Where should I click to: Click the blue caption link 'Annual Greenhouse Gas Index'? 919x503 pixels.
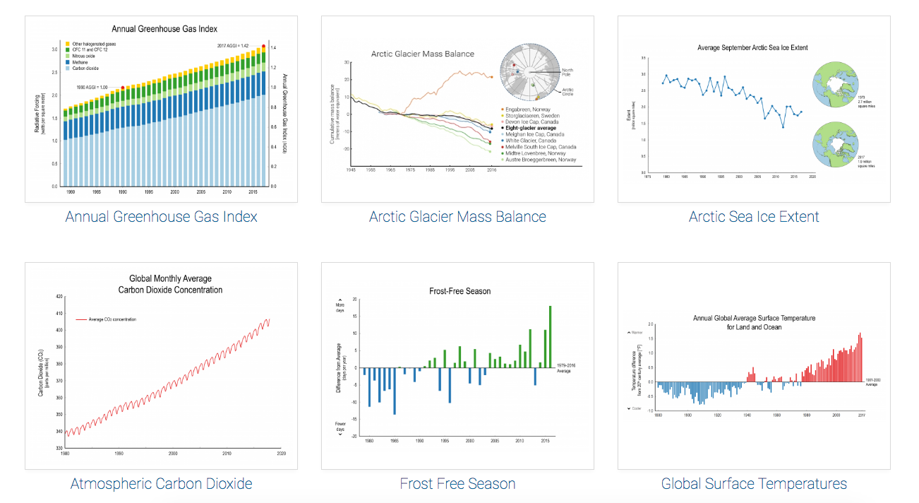tap(161, 216)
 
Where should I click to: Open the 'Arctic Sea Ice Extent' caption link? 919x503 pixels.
tap(754, 216)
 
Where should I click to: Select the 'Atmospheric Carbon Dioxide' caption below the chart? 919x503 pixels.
tap(161, 483)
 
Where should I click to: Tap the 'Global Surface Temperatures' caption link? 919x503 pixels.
tap(754, 483)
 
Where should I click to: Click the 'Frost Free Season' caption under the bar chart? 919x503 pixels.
tap(457, 483)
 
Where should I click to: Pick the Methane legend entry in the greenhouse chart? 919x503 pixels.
tap(81, 62)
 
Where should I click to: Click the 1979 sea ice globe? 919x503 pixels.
tap(837, 83)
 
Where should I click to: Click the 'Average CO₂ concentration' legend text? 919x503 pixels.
tap(112, 319)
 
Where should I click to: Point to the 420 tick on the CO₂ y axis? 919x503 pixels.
tap(59, 297)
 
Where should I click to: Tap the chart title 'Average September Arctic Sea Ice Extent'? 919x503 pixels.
tap(752, 47)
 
